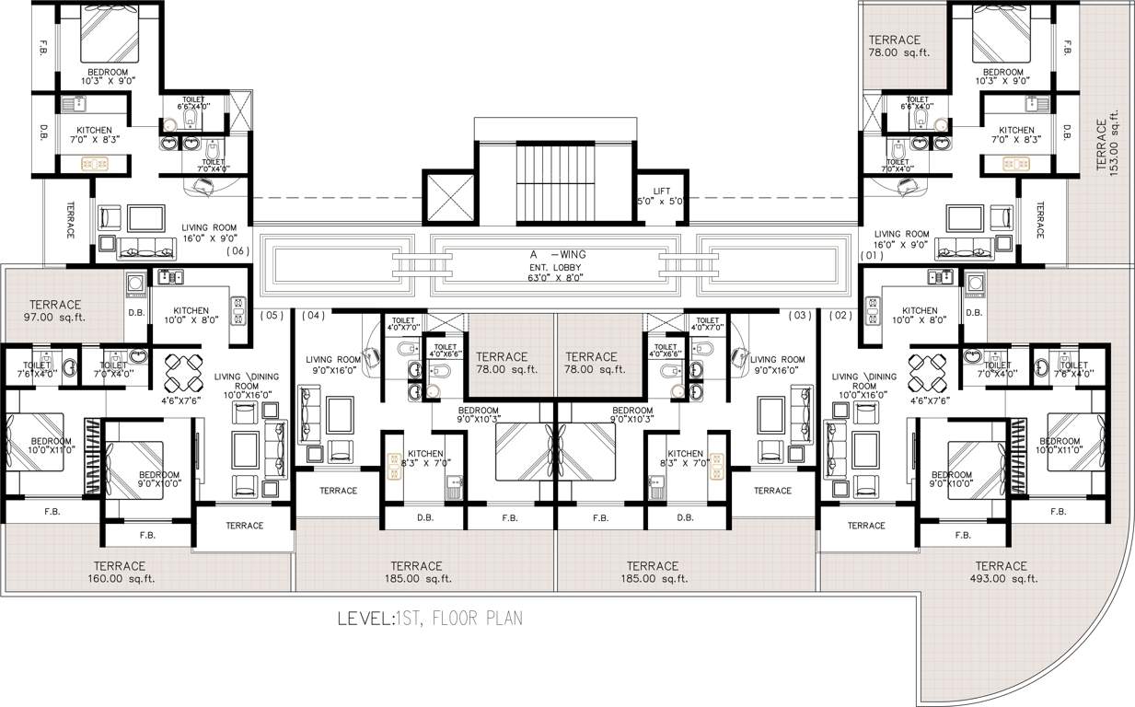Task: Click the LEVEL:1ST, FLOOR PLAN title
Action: tap(430, 618)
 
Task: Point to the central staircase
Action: tap(555, 181)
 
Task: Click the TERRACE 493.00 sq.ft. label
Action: tap(1001, 572)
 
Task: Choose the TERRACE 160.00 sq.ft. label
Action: tap(120, 572)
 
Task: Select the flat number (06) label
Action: tap(237, 250)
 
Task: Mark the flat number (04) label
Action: tap(314, 316)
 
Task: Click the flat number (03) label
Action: tap(800, 316)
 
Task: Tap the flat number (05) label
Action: tap(271, 316)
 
